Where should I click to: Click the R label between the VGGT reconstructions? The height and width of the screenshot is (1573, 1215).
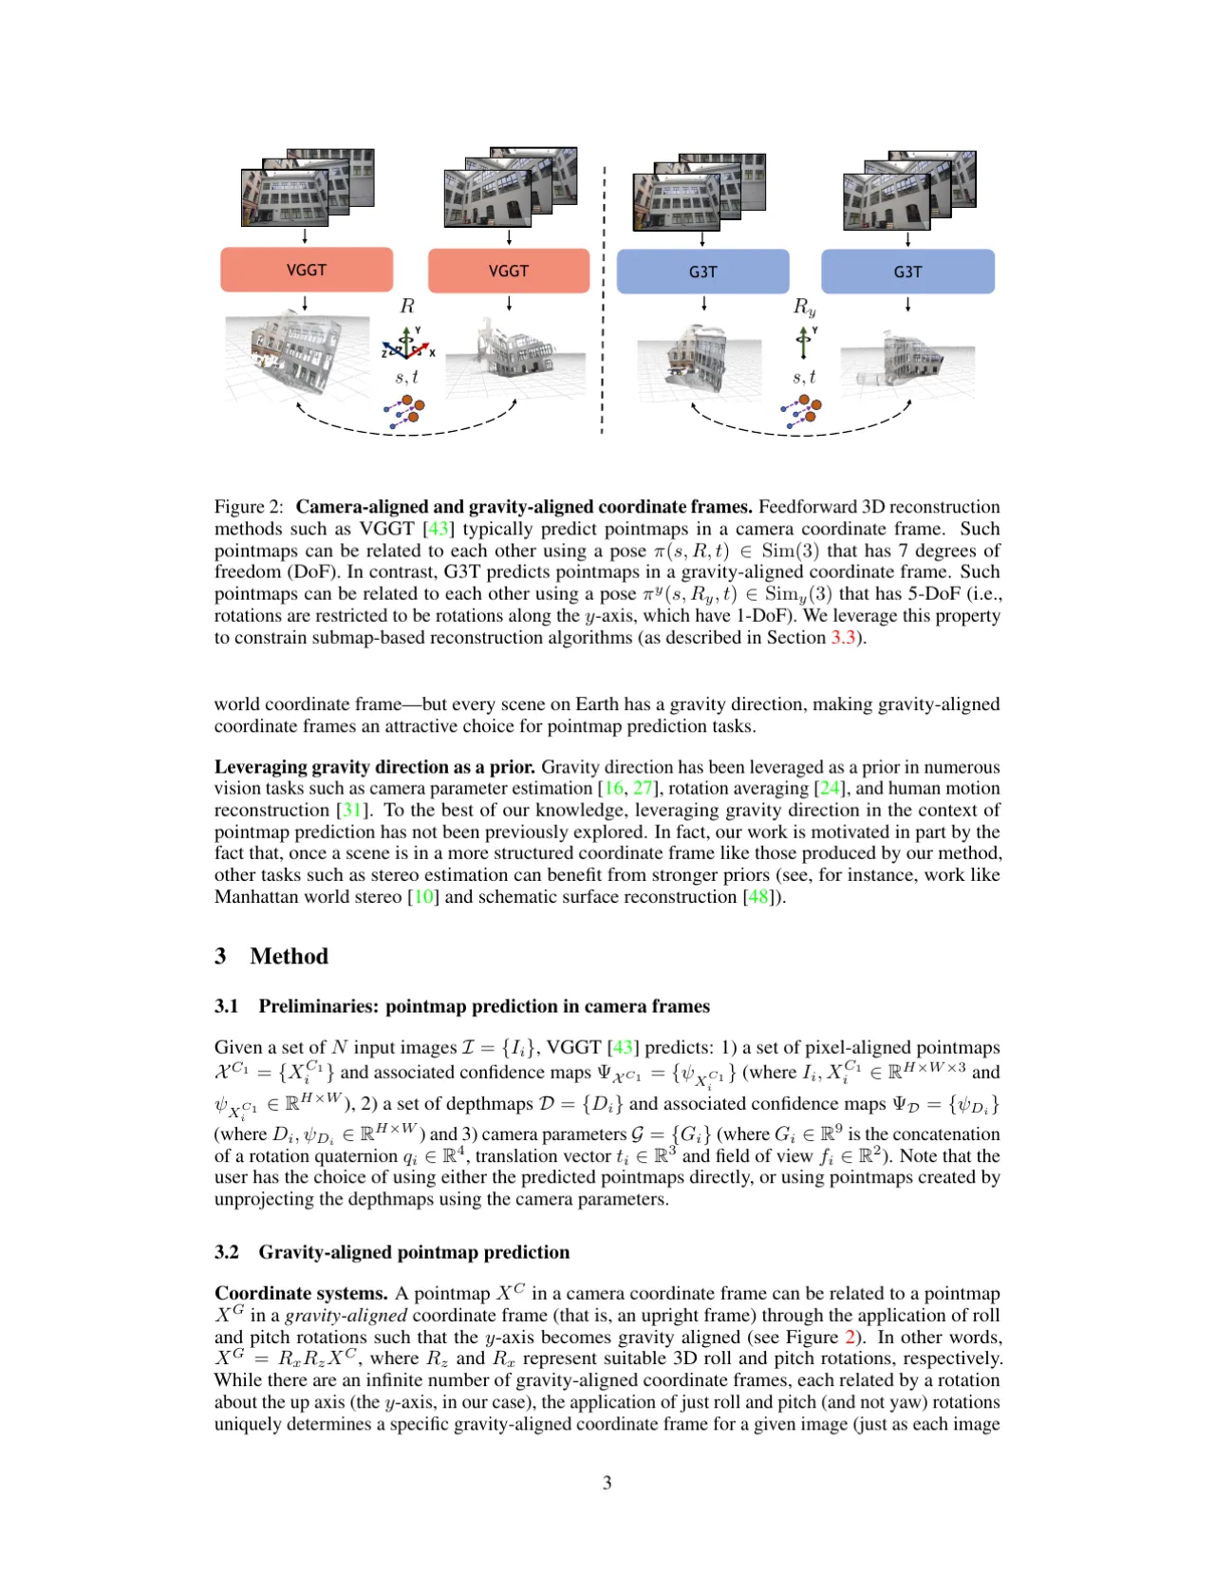(x=407, y=306)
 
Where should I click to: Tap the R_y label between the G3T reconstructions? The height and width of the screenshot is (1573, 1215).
(x=804, y=307)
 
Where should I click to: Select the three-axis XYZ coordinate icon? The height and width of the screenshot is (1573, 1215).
(x=408, y=343)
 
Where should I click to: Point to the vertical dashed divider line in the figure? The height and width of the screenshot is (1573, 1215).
(x=603, y=300)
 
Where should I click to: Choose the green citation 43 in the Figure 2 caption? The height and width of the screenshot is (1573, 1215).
(x=439, y=529)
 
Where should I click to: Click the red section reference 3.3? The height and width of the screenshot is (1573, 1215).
(x=843, y=637)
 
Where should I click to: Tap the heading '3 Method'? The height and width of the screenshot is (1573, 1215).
(x=271, y=956)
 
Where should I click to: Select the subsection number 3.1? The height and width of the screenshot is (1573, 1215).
(x=227, y=1006)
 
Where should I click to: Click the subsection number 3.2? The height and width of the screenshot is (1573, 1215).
(x=227, y=1251)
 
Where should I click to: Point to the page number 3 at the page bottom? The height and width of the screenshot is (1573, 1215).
(x=607, y=1482)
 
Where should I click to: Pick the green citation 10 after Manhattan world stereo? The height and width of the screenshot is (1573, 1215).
(x=423, y=896)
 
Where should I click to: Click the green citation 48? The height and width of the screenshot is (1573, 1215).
(x=758, y=896)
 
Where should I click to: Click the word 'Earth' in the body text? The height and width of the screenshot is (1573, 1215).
(x=596, y=703)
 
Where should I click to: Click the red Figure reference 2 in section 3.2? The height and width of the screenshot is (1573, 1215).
(x=850, y=1337)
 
